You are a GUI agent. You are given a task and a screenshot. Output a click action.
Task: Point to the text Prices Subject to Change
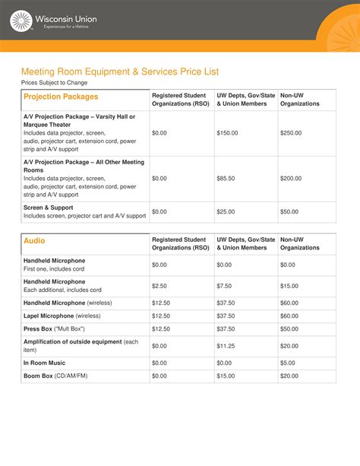[54, 83]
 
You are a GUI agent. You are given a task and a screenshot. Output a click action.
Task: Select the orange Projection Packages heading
[61, 97]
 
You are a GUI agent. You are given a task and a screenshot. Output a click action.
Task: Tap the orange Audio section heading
[34, 240]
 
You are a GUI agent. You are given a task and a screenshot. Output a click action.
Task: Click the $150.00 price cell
[227, 133]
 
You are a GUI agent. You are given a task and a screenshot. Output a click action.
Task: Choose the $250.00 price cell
[290, 133]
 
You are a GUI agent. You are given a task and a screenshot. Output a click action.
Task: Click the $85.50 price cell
[226, 179]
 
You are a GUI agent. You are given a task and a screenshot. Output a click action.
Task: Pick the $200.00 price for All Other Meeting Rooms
[290, 179]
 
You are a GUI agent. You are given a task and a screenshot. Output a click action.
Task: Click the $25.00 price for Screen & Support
[226, 211]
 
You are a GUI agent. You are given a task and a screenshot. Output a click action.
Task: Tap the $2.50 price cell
[159, 286]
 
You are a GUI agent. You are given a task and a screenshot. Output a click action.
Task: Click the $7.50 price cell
[224, 286]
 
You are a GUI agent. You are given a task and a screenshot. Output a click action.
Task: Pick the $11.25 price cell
[226, 346]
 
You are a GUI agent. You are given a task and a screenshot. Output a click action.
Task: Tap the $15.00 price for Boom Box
[226, 376]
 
